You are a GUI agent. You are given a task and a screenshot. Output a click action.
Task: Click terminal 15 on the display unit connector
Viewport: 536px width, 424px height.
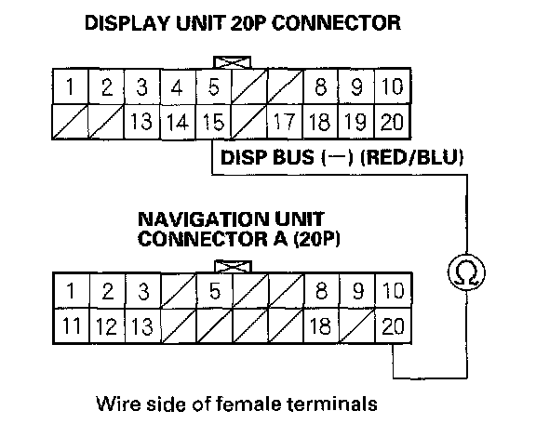[213, 122]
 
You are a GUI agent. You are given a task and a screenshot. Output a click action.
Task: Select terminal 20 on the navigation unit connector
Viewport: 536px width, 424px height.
[393, 326]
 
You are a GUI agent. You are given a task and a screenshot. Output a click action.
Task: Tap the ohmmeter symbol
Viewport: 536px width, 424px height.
[466, 272]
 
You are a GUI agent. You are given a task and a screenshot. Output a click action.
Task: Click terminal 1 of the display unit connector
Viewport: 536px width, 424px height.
[71, 86]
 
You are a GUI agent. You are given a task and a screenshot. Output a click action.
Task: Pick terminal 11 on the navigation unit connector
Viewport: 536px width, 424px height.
[71, 326]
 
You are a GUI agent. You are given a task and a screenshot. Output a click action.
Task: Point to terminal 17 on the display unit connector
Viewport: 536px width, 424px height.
[285, 122]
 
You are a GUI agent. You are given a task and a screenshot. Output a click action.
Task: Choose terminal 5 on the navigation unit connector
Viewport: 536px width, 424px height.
[215, 291]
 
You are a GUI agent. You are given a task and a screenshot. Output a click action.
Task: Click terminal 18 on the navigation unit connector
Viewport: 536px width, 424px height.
[321, 326]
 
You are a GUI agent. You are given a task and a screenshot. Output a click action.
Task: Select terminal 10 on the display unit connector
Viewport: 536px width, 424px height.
[393, 86]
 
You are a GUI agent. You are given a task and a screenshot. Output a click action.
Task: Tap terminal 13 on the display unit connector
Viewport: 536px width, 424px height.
[141, 122]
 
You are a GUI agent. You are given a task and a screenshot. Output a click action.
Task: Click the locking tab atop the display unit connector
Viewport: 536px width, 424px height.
[232, 62]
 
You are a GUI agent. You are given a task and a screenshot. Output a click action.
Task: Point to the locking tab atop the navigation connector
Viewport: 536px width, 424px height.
[233, 267]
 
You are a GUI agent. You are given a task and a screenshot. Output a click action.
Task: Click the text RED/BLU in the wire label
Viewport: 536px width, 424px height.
[412, 157]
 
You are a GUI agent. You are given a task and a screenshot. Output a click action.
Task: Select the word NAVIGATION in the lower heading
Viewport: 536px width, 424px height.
[202, 219]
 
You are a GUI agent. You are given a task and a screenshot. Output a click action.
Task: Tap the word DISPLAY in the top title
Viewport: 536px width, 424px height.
[127, 23]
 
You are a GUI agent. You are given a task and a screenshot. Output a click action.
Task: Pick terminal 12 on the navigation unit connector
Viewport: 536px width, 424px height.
[107, 326]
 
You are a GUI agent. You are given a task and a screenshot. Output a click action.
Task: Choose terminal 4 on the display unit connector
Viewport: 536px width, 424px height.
[178, 86]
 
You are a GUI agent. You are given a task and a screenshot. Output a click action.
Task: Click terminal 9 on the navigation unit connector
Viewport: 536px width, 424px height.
[357, 291]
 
